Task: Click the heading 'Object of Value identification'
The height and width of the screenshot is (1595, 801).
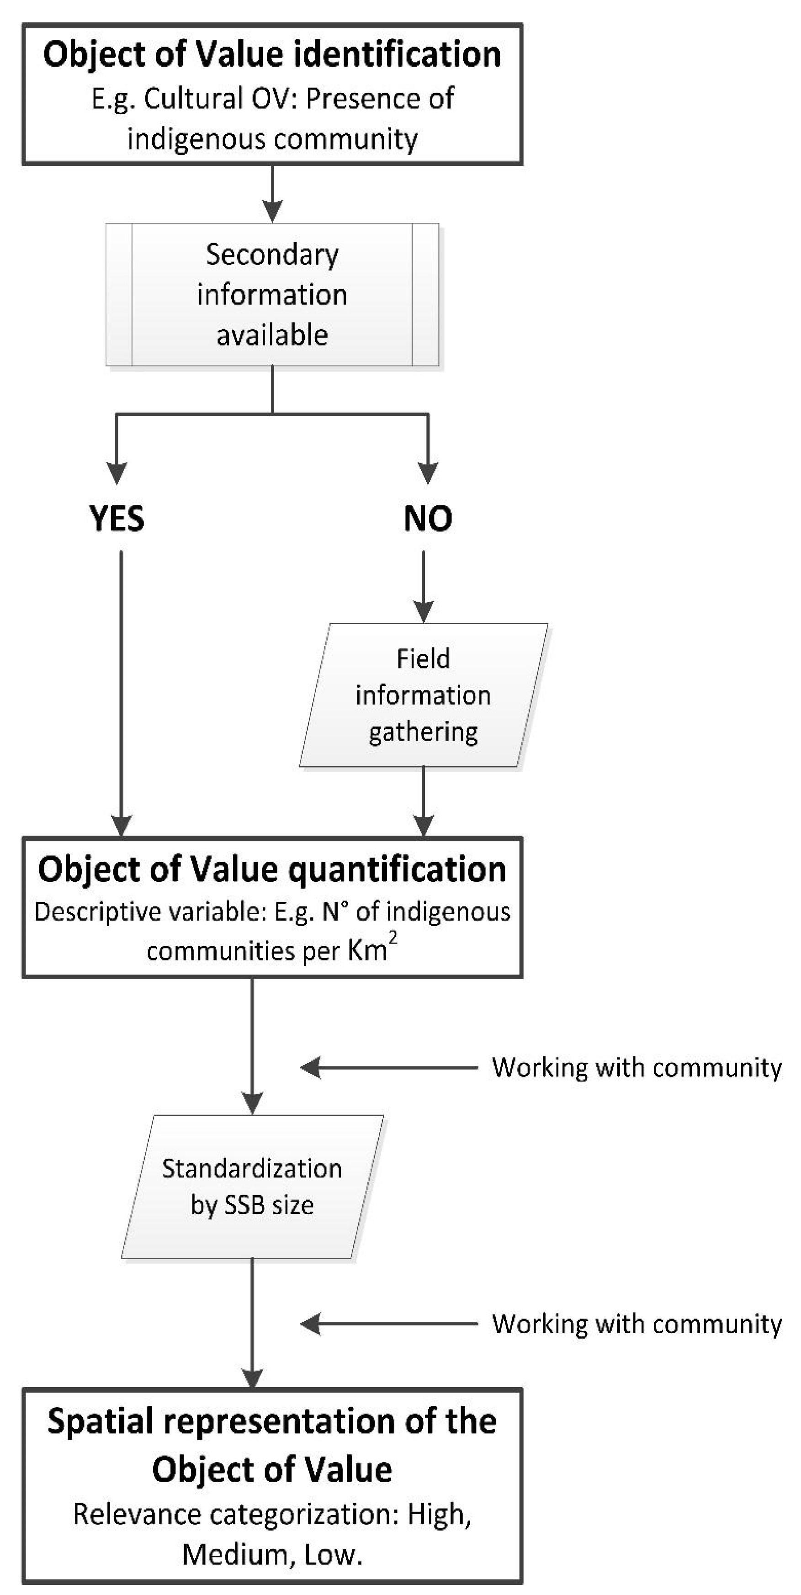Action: click(x=272, y=54)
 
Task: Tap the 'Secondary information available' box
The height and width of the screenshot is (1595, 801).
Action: click(x=272, y=295)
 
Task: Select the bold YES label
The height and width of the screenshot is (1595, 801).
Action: click(x=117, y=518)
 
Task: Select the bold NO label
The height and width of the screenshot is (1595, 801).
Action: click(x=428, y=518)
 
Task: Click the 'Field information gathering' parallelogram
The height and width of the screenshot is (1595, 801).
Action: click(x=424, y=695)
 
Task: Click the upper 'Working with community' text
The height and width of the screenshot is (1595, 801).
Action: click(x=637, y=1067)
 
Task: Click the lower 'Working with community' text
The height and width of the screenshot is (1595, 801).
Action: click(x=637, y=1324)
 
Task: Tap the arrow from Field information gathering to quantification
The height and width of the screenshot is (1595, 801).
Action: click(x=424, y=801)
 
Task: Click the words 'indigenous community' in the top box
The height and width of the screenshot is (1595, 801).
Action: click(x=272, y=139)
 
